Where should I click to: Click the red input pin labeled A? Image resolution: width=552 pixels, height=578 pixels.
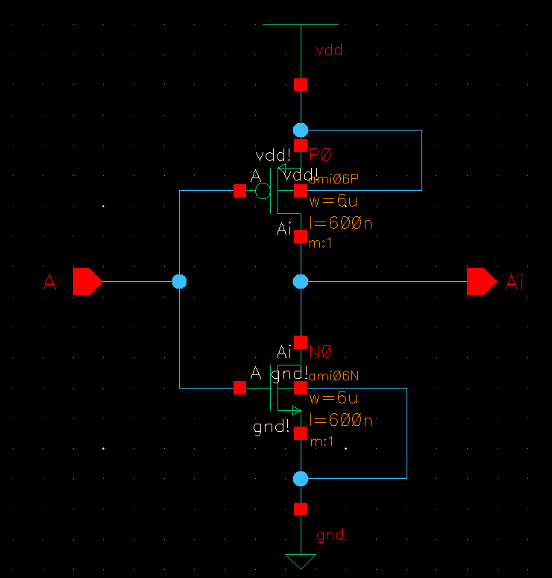point(87,281)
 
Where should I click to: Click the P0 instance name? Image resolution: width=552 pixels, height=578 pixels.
point(321,155)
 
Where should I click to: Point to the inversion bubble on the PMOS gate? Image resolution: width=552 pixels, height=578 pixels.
point(263,192)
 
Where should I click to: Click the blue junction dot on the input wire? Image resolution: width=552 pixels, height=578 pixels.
point(179,281)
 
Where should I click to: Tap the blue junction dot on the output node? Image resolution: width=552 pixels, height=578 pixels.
point(301,281)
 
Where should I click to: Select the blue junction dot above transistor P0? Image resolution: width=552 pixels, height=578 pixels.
point(301,130)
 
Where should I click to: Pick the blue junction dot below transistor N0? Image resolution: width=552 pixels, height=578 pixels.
point(301,478)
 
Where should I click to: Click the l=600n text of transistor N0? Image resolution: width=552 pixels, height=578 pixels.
point(340,421)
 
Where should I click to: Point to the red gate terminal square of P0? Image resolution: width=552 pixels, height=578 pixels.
point(239,192)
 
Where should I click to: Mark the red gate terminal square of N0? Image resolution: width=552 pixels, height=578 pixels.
point(239,388)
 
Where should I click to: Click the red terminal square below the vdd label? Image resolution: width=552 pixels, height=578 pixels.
point(301,84)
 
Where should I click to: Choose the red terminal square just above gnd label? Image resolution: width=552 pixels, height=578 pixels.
point(301,509)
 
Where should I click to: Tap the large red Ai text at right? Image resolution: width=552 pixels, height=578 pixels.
point(515,282)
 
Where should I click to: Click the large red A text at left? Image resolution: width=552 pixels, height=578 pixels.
point(50,282)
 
